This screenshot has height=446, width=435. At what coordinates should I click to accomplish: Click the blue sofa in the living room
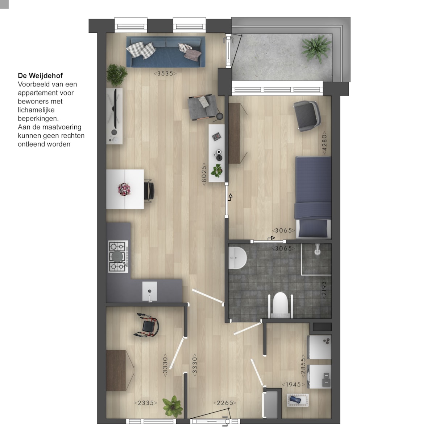click(166, 52)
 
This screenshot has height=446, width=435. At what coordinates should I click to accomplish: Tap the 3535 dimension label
click(165, 74)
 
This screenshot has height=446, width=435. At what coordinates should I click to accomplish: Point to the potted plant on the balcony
click(316, 48)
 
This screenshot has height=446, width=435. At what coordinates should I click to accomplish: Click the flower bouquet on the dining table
click(124, 189)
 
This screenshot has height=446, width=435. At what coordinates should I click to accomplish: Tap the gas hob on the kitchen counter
click(118, 256)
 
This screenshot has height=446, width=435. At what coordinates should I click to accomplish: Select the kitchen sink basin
click(149, 291)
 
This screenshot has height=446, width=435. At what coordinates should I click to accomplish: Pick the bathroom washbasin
click(237, 258)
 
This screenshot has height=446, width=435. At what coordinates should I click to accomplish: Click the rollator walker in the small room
click(147, 325)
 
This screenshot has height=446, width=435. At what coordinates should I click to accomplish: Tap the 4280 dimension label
click(324, 143)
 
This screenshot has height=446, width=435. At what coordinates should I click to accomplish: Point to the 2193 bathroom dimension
click(324, 288)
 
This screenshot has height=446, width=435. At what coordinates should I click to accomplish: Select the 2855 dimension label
click(303, 366)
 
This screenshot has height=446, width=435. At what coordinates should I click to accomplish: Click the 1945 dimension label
click(293, 385)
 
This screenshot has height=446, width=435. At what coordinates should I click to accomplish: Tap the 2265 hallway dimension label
click(225, 403)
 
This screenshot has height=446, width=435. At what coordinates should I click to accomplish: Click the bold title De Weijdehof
click(40, 75)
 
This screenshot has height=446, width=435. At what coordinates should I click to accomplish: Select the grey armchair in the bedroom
click(307, 116)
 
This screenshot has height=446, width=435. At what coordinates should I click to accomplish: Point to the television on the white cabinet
click(115, 109)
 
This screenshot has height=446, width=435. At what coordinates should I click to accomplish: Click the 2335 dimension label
click(146, 403)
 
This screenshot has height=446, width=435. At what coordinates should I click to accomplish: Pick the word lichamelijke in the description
click(36, 110)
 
